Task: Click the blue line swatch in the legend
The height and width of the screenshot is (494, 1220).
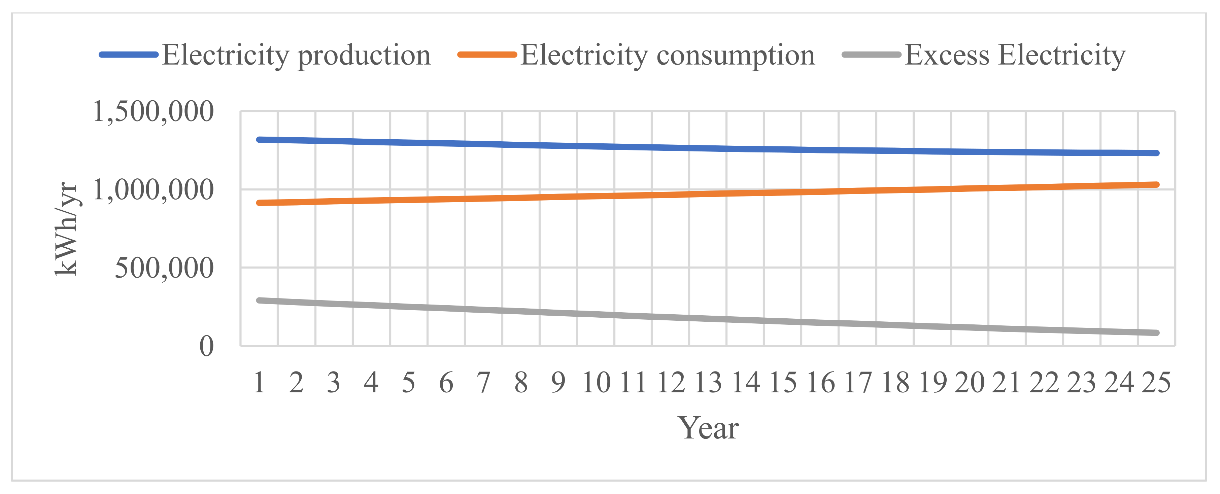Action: tap(128, 55)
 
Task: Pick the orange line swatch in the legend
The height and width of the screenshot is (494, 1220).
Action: tap(487, 55)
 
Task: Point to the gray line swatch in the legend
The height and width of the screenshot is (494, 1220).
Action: tap(872, 55)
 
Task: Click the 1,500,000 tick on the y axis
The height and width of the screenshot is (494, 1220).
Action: tap(153, 112)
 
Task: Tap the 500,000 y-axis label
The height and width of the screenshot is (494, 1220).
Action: tap(164, 268)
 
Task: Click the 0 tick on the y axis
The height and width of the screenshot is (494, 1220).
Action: tap(206, 346)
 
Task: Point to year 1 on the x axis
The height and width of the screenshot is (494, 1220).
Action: tap(259, 383)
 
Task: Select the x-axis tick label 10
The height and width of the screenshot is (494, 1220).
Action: tap(596, 383)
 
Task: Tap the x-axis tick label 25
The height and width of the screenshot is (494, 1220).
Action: tap(1156, 383)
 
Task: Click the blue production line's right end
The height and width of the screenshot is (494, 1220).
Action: tap(1156, 153)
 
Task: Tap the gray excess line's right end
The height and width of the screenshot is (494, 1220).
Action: tap(1156, 332)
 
